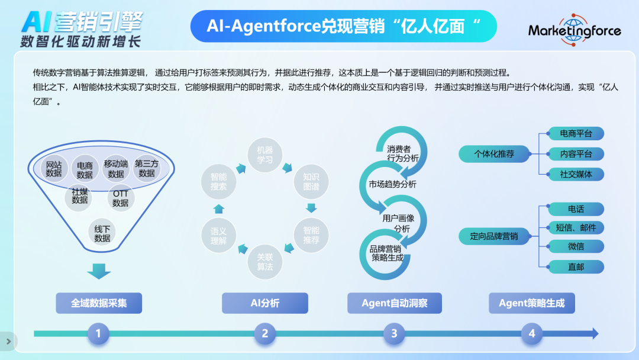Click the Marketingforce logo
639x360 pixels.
[575, 30]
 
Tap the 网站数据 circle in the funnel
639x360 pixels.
[54, 169]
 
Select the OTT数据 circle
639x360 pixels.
[121, 198]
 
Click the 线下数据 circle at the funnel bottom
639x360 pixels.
[102, 233]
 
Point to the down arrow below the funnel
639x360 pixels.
[99, 271]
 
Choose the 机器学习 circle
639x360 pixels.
[265, 155]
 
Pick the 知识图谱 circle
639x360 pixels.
[311, 182]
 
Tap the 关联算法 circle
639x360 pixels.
[265, 262]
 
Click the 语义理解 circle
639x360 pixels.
[218, 236]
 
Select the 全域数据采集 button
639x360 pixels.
[99, 303]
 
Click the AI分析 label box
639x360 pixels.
[265, 303]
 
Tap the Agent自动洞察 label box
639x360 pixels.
[395, 303]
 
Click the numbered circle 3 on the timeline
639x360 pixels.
[394, 333]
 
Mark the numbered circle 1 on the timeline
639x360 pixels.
[98, 333]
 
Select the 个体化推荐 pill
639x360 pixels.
[494, 154]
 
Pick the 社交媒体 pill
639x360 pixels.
[576, 175]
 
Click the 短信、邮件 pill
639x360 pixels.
[576, 228]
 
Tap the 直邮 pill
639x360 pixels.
[576, 267]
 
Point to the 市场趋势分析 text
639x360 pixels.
[392, 184]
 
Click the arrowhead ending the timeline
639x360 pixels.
[595, 333]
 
